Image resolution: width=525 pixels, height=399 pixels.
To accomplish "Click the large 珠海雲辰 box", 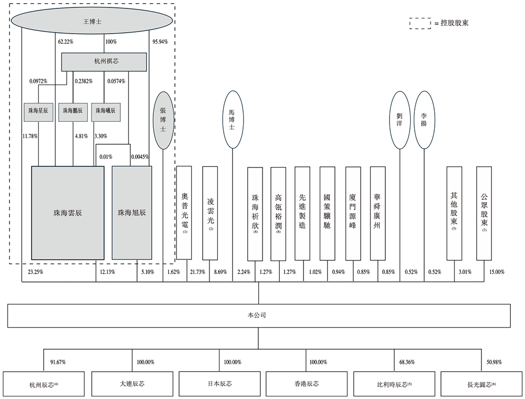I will [68, 213].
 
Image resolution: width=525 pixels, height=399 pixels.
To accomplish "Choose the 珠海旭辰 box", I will [132, 213].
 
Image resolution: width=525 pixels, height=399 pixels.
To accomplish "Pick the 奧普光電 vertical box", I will [184, 213].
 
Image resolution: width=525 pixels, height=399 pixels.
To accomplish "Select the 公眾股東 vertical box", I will [484, 213].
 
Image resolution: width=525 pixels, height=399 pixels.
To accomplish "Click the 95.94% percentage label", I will [160, 41].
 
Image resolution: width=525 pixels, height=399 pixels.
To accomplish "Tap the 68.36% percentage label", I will [405, 362].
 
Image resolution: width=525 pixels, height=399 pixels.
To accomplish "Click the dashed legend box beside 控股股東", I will [419, 23].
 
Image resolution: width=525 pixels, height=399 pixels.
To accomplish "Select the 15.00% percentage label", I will [497, 272].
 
